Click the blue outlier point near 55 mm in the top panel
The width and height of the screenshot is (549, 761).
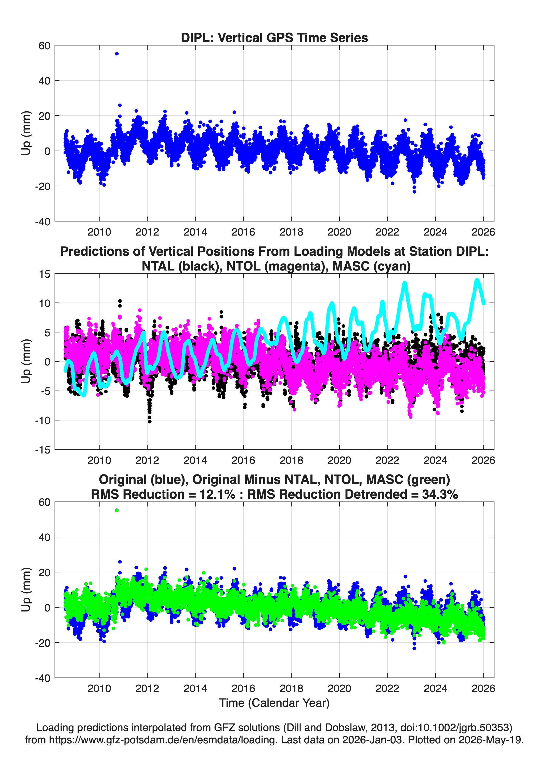pyautogui.click(x=117, y=54)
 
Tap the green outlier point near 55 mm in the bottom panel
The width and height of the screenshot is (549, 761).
pyautogui.click(x=117, y=510)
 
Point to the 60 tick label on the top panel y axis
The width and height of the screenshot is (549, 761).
pyautogui.click(x=45, y=46)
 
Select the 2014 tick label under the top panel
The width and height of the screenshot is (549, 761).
pyautogui.click(x=195, y=232)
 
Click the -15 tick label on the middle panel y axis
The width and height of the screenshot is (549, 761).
pyautogui.click(x=43, y=450)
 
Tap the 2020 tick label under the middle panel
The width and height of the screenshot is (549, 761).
pyautogui.click(x=339, y=460)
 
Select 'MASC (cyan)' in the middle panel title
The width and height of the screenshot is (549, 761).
pyautogui.click(x=372, y=266)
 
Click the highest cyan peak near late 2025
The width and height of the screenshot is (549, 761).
pyautogui.click(x=477, y=280)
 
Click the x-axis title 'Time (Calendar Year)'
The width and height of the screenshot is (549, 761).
pyautogui.click(x=274, y=703)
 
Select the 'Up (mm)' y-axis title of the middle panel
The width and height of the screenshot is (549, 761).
pyautogui.click(x=26, y=361)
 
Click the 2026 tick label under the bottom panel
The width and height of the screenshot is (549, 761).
pyautogui.click(x=483, y=689)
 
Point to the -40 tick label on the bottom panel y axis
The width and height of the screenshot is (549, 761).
pyautogui.click(x=43, y=678)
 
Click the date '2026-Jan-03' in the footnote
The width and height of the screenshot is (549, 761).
pyautogui.click(x=372, y=740)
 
